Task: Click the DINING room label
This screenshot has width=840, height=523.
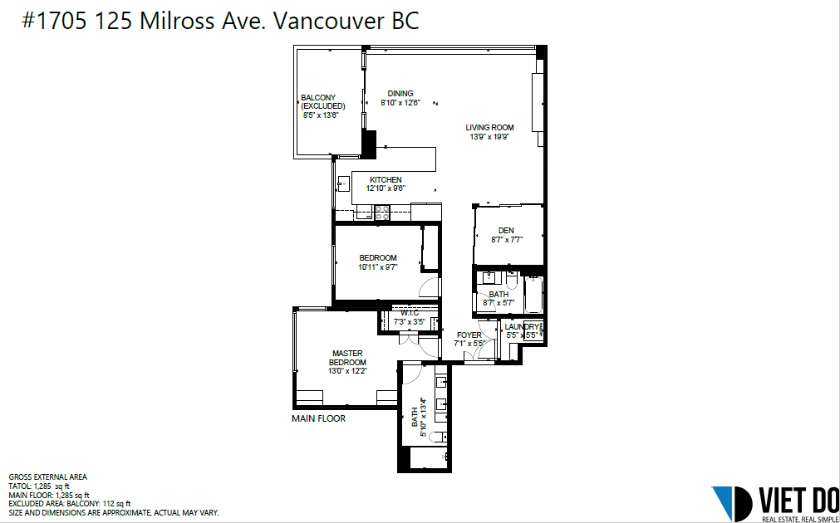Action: click(x=400, y=94)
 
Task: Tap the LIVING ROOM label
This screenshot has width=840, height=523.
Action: click(x=489, y=128)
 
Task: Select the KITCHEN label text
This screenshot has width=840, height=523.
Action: click(x=386, y=180)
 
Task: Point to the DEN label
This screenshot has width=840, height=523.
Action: click(x=506, y=231)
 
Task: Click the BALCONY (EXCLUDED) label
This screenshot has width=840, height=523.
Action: click(x=322, y=102)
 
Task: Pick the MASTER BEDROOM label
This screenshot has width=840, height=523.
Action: click(x=347, y=358)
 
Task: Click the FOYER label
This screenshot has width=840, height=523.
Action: click(x=469, y=335)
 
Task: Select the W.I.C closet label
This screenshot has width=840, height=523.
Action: click(x=410, y=313)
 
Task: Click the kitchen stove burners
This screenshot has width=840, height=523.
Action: click(x=382, y=213)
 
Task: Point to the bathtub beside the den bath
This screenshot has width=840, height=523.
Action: click(x=533, y=295)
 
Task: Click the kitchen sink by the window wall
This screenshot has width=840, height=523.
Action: click(x=343, y=184)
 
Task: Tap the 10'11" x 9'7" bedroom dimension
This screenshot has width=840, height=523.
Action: click(x=378, y=266)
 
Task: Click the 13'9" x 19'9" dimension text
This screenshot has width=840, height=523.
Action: click(x=489, y=136)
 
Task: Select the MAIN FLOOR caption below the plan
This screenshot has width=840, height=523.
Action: click(x=319, y=418)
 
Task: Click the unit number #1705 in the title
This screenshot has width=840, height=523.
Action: click(x=54, y=22)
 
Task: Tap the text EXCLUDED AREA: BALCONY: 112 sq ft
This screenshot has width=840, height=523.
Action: click(x=70, y=504)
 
